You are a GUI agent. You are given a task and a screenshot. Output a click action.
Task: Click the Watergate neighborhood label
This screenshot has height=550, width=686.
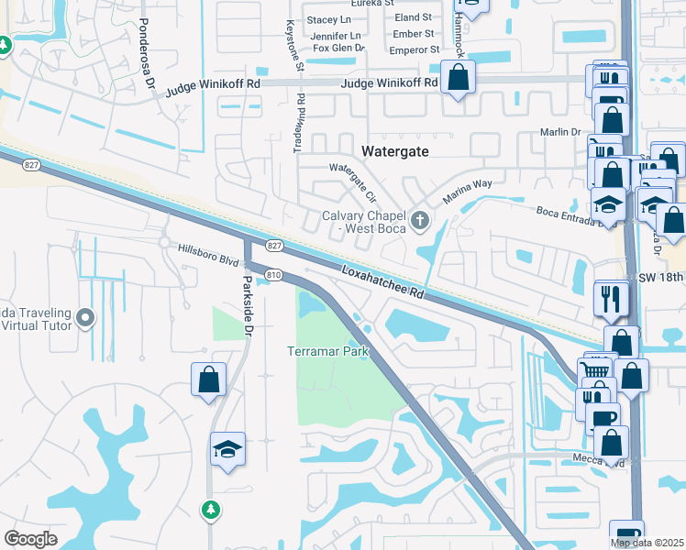tap(395, 151)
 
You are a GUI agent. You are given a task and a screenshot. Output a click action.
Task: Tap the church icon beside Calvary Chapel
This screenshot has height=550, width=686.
tap(420, 218)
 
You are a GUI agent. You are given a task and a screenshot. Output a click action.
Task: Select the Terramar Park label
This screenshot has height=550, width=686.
tap(328, 352)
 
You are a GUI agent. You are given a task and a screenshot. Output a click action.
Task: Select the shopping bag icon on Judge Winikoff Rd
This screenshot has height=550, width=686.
tap(458, 79)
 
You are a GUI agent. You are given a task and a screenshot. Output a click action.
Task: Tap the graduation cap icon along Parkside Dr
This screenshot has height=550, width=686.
tap(227, 450)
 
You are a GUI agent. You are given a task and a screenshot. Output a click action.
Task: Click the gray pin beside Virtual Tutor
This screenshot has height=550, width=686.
tap(86, 319)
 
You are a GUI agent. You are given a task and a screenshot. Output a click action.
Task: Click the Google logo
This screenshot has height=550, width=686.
tap(30, 538)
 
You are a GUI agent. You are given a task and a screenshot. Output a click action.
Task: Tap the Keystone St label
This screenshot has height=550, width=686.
tap(295, 46)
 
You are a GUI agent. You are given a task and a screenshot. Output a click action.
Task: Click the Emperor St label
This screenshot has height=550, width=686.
tap(413, 49)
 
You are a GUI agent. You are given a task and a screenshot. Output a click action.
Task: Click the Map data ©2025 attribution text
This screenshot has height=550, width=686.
tap(647, 543)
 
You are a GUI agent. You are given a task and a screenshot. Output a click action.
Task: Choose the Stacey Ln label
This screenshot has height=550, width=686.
tap(329, 19)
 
